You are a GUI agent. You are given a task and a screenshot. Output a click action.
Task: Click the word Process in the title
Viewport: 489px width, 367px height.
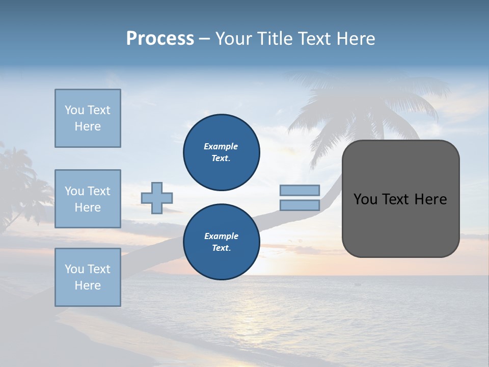pos(160,39)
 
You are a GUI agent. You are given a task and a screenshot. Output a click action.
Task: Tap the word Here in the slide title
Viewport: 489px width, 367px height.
pos(355,39)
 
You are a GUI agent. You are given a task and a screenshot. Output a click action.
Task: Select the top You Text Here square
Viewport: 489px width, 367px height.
pos(88,118)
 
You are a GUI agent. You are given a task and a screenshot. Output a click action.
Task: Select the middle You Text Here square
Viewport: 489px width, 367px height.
pos(88,199)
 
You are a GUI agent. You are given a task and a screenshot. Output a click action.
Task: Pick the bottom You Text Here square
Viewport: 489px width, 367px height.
pos(88,277)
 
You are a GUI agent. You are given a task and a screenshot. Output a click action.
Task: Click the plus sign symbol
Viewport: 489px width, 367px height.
pos(157,198)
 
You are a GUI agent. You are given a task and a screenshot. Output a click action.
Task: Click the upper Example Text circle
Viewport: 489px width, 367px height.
pos(221,152)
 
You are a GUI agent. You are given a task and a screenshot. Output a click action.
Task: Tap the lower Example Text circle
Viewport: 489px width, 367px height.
pos(221,242)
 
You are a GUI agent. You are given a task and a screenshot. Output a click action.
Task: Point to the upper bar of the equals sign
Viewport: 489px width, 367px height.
pos(300,190)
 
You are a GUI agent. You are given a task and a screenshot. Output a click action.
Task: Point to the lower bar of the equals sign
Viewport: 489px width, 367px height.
pos(300,205)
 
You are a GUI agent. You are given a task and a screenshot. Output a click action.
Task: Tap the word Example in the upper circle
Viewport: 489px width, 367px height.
pos(221,146)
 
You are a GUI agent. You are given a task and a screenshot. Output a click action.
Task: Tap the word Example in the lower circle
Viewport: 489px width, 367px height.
pos(221,236)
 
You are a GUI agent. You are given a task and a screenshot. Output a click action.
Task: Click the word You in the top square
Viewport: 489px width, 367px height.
pos(74,110)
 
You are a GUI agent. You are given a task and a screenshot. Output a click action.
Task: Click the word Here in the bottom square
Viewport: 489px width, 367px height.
pos(88,285)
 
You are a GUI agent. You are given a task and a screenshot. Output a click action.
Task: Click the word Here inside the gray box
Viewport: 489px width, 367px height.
pos(430,199)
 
